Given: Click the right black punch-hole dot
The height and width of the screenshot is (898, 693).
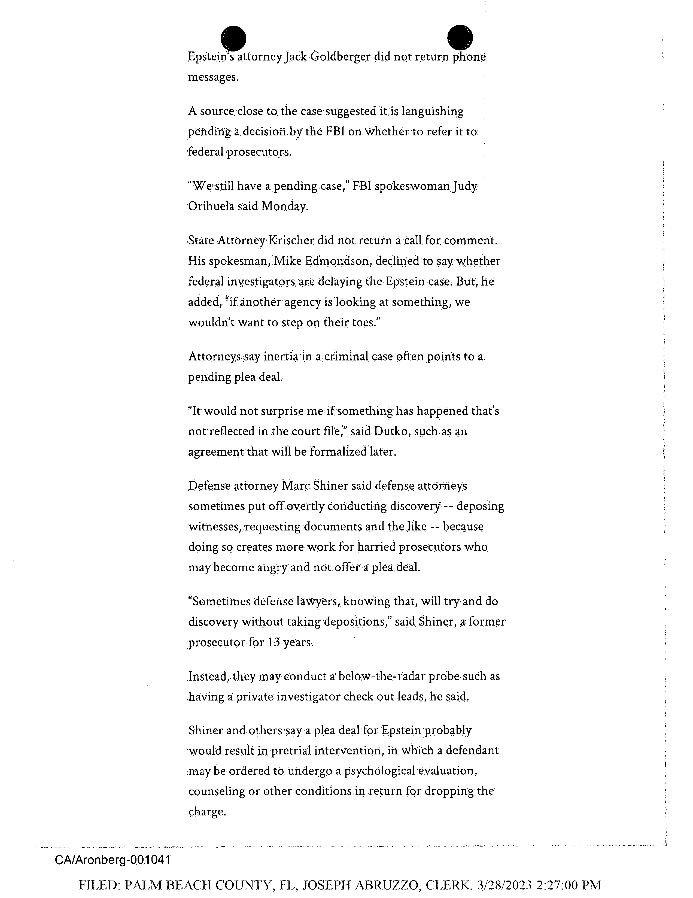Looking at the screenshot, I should point(460,37).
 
